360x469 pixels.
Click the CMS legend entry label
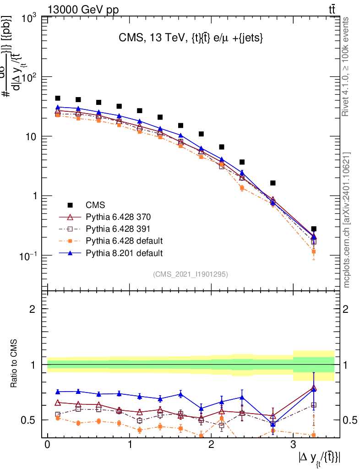pos(95,204)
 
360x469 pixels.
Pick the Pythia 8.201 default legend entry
pos(124,253)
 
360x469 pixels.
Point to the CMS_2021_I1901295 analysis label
pos(191,274)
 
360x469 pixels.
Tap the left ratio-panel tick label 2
pos(33,309)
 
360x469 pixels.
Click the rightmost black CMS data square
pos(314,229)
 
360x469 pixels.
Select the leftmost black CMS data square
pos(58,98)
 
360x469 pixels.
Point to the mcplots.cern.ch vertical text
pos(347,220)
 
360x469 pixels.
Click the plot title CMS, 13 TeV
pos(191,39)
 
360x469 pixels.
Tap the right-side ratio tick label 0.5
pos(349,420)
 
